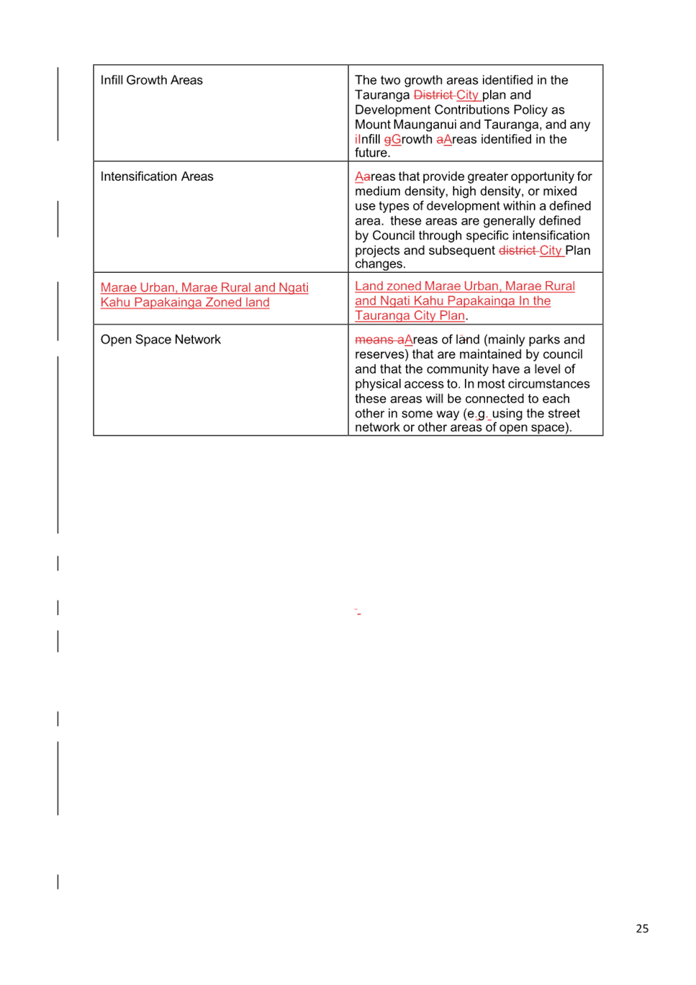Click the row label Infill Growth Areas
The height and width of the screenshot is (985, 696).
pyautogui.click(x=151, y=81)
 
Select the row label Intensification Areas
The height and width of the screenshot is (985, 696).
pyautogui.click(x=156, y=176)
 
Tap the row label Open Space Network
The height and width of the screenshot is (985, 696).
pyautogui.click(x=161, y=340)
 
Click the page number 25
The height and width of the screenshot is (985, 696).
pyautogui.click(x=642, y=928)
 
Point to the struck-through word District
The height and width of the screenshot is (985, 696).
pyautogui.click(x=433, y=95)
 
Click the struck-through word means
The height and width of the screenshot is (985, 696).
pyautogui.click(x=374, y=340)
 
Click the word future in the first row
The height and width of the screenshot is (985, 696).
pyautogui.click(x=371, y=153)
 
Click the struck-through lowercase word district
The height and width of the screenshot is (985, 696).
pyautogui.click(x=518, y=251)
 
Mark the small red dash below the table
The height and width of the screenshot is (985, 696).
pyautogui.click(x=358, y=612)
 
